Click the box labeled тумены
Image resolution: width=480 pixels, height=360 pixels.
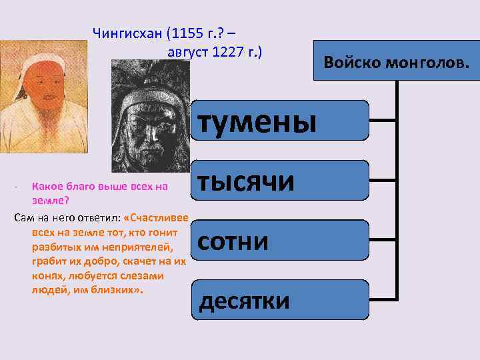pos(280,121)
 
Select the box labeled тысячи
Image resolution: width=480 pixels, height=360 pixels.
pos(280,181)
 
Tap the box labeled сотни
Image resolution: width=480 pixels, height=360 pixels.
pos(280,241)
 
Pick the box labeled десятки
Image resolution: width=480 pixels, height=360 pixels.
pos(280,301)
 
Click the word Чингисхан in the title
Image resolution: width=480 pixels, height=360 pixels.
pos(127,33)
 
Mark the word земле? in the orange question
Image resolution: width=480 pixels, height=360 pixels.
pos(51,200)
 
